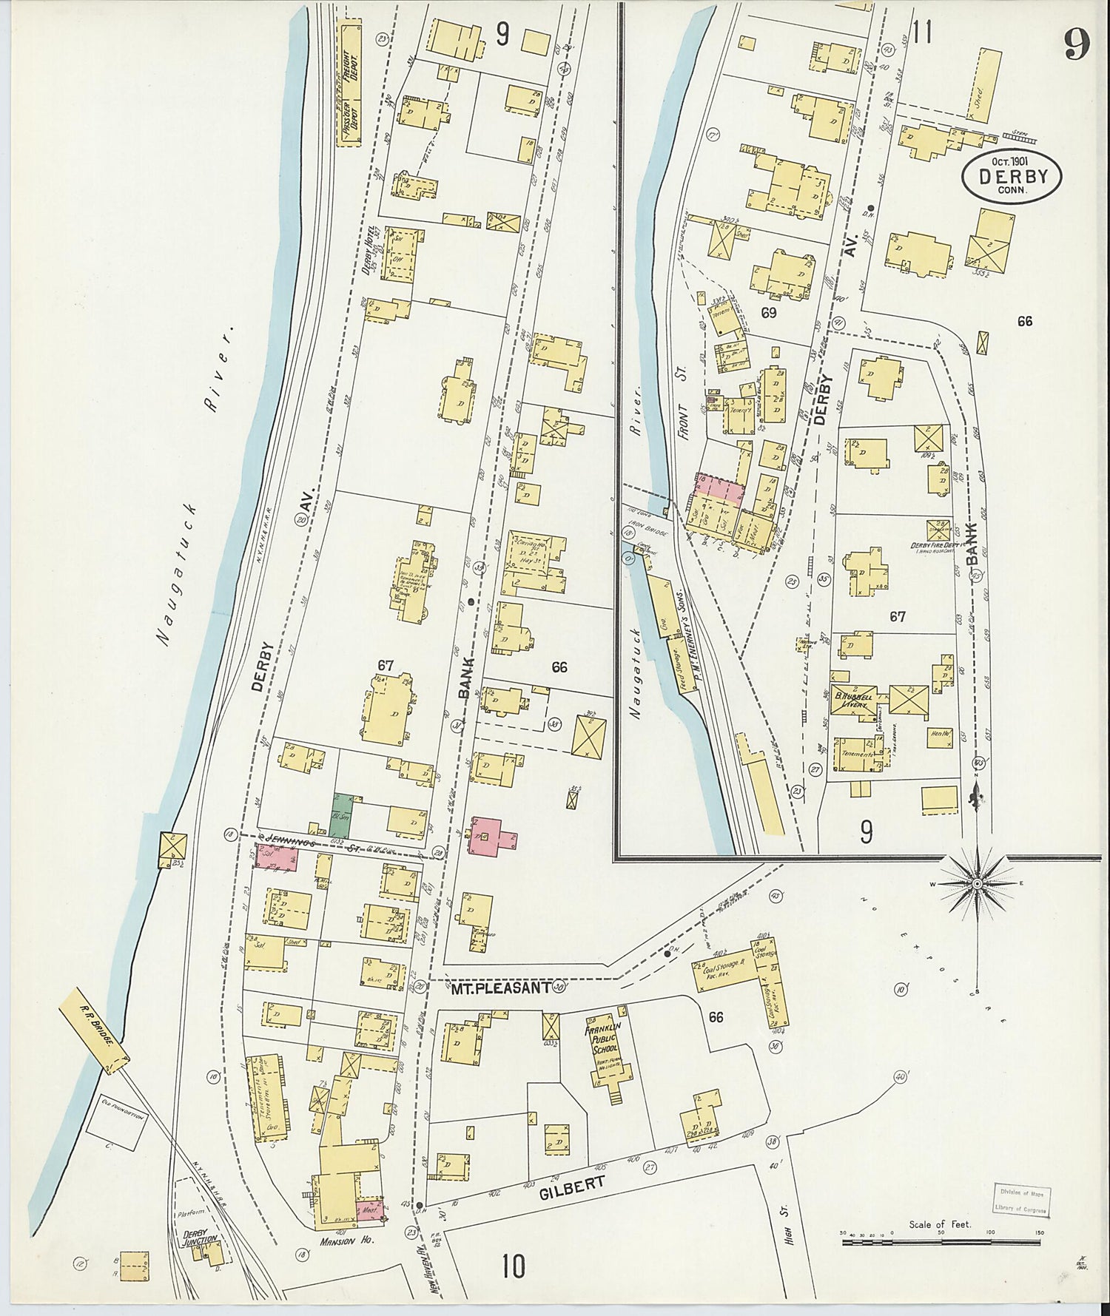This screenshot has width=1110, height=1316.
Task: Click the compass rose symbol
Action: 977,884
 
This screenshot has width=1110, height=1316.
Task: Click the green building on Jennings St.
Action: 340,812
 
